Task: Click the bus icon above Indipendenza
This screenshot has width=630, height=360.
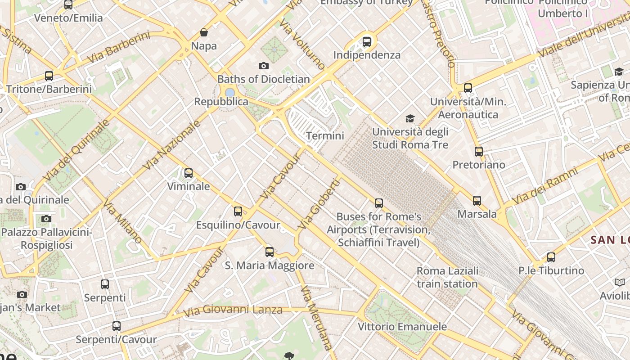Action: coord(367,42)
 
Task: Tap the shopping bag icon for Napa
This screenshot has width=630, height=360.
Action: coord(204,32)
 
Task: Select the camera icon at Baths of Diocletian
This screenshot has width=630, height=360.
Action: coord(264,66)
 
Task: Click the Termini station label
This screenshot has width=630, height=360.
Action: coord(325,135)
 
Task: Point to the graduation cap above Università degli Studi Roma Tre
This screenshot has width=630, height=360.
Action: coord(410,118)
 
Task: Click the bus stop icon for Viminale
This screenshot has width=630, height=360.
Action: coord(189,173)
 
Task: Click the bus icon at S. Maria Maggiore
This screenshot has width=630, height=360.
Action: coord(270,252)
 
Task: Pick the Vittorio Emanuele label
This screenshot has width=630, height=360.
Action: coord(402,327)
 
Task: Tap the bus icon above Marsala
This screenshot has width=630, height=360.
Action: coord(477,201)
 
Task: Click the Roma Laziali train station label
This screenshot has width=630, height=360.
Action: coord(447,277)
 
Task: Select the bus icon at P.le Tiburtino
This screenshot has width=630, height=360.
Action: coord(551,257)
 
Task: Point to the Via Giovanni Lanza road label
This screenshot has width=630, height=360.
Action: coord(233,310)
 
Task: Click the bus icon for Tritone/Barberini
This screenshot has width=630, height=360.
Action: coord(49,76)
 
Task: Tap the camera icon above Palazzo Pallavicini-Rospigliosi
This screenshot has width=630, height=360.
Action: coord(46,219)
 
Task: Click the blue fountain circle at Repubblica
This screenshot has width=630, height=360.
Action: coord(230,92)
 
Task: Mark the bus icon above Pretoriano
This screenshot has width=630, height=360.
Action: coord(479,152)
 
